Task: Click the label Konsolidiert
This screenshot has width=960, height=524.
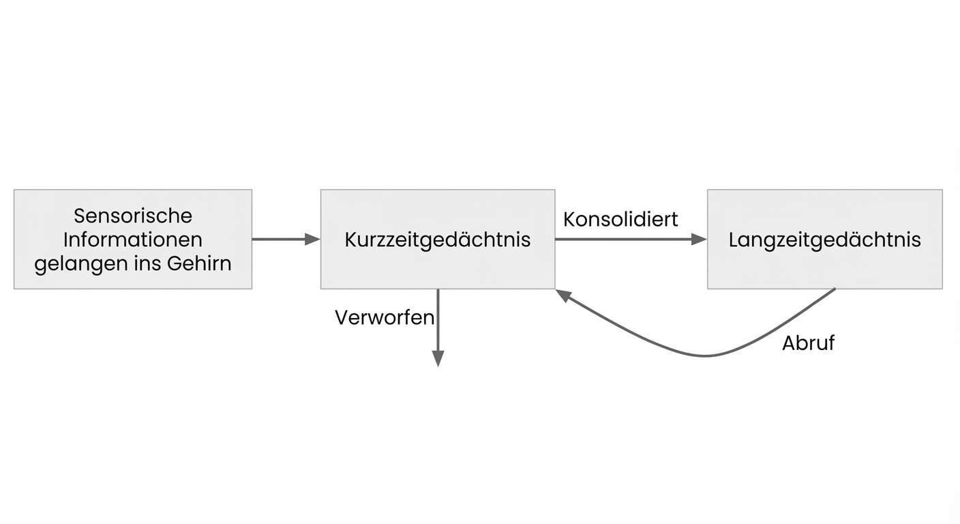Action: [x=620, y=219]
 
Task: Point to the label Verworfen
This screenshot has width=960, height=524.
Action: [x=385, y=317]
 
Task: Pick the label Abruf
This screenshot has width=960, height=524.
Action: [x=808, y=343]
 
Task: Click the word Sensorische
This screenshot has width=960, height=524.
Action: [x=133, y=216]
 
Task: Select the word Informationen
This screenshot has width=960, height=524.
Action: [x=133, y=239]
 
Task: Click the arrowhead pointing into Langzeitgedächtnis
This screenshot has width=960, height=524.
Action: [x=699, y=239]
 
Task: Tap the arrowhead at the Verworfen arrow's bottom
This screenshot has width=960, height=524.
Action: [x=438, y=359]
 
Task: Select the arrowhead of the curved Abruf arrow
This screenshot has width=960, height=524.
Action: [x=562, y=295]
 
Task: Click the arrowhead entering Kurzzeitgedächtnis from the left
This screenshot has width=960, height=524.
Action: [x=312, y=239]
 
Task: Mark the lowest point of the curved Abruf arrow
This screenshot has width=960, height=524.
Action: [x=706, y=355]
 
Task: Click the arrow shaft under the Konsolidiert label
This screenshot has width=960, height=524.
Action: [x=620, y=239]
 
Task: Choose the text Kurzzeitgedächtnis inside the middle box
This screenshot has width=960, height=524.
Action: [x=437, y=240]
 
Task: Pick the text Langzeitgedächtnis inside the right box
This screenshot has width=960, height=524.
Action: [x=824, y=240]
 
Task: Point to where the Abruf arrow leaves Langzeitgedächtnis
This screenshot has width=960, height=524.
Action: [x=834, y=289]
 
